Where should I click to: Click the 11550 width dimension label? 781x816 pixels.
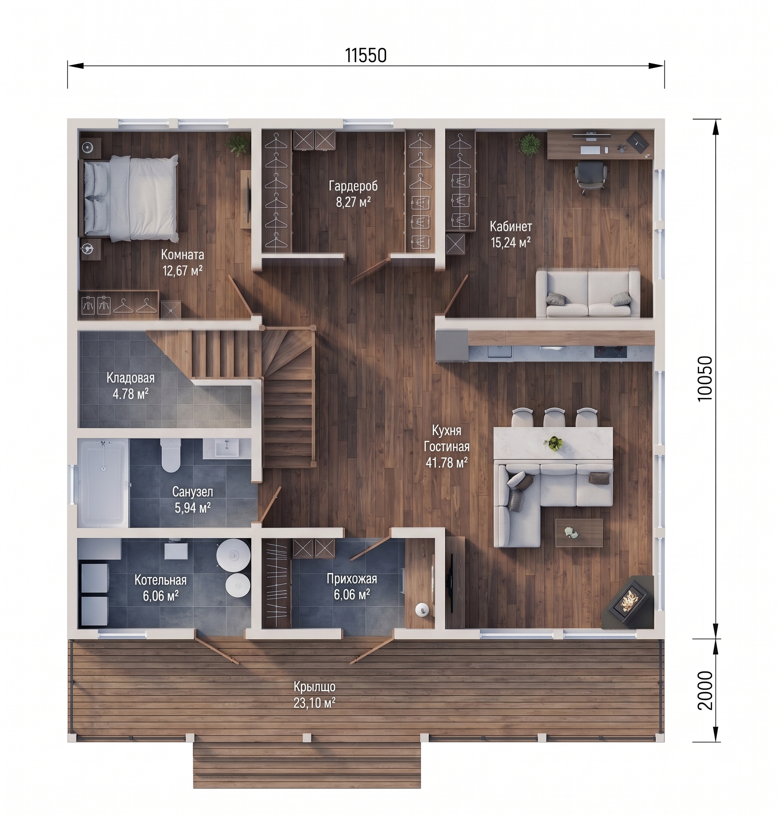click(x=366, y=55)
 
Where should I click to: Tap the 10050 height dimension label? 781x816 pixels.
click(x=704, y=378)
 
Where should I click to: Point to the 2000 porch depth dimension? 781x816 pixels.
click(x=704, y=691)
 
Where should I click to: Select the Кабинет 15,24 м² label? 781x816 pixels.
click(x=511, y=234)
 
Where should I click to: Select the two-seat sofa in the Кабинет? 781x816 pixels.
click(x=588, y=294)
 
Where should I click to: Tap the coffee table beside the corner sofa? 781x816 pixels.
click(x=579, y=532)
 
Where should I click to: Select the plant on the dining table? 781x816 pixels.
click(x=554, y=443)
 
